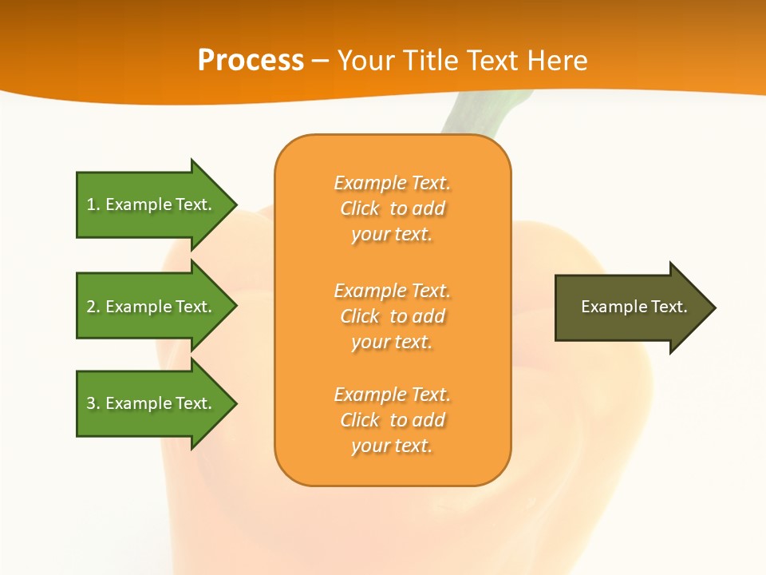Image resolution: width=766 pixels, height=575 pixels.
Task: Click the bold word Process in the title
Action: [251, 61]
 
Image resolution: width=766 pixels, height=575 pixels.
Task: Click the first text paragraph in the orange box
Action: [392, 208]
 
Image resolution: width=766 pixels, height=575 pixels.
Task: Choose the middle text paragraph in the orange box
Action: [392, 315]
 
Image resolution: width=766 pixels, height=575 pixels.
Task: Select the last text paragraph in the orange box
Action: [392, 420]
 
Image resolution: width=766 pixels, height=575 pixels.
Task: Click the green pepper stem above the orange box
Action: [479, 116]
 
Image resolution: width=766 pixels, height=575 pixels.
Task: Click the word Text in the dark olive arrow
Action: [670, 307]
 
